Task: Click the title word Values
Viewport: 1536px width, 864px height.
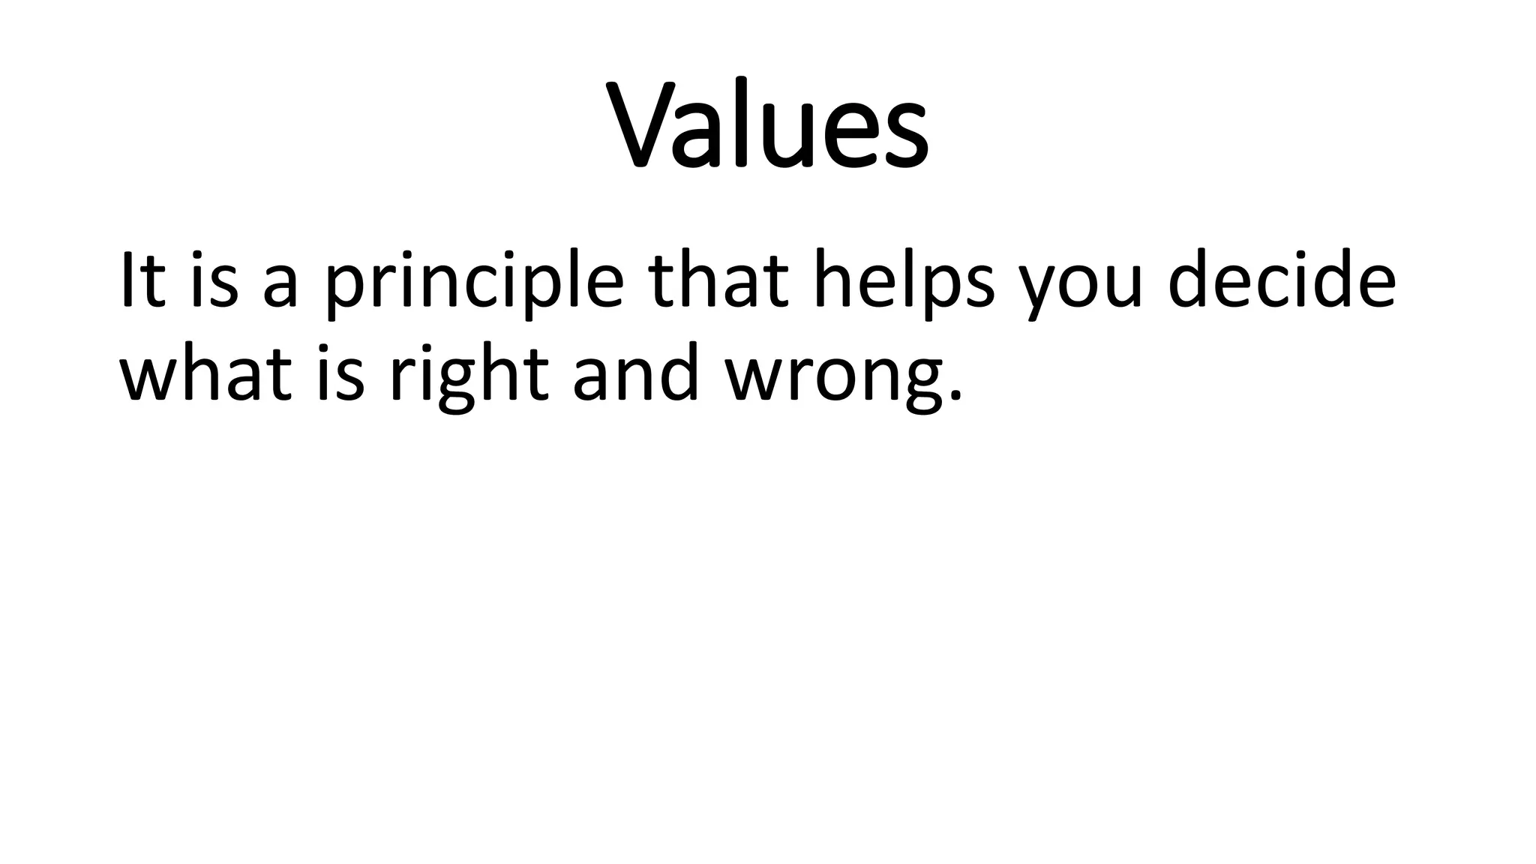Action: point(769,124)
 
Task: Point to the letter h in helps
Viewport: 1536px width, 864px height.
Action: point(834,279)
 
